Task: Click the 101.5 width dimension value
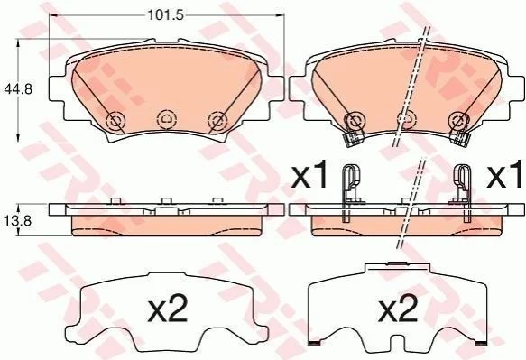point(166,15)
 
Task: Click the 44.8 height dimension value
point(18,89)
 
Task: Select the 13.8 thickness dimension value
point(18,220)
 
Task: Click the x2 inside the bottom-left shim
point(168,309)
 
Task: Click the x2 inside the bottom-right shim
point(398,309)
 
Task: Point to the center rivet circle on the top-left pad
point(166,118)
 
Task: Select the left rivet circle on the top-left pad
point(115,120)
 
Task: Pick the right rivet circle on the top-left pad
point(217,120)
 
